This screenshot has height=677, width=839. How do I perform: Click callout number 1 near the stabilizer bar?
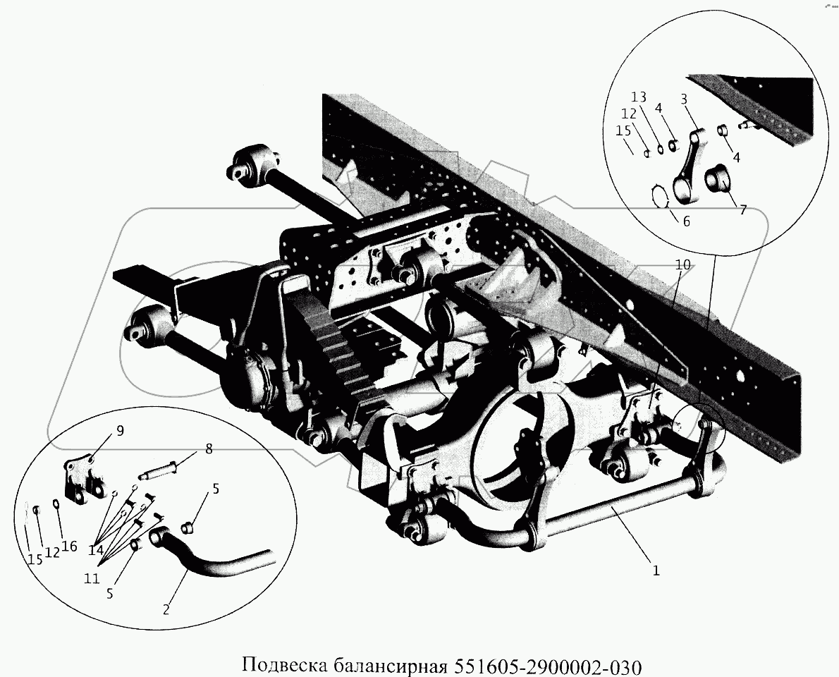(x=656, y=571)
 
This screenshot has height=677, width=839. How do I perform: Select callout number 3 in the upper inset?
(x=683, y=99)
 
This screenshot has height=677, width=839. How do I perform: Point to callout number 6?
(x=687, y=221)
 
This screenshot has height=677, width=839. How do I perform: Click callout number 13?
(x=638, y=97)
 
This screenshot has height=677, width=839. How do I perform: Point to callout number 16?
(x=68, y=546)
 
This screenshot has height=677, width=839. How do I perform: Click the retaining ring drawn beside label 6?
(x=659, y=197)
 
